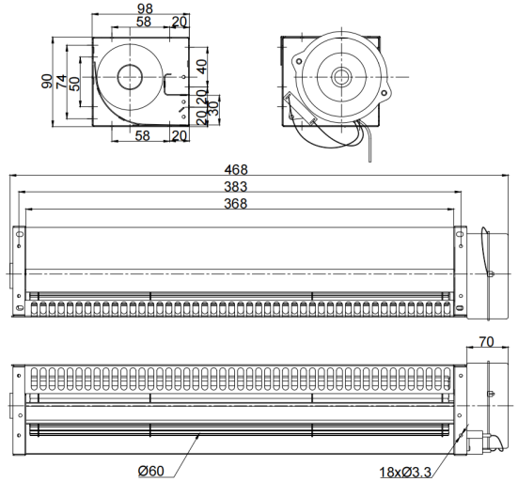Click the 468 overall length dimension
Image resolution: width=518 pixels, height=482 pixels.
[x=236, y=170]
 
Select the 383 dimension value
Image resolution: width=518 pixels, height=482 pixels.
[x=236, y=187]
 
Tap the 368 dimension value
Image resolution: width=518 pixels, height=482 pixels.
[x=236, y=204]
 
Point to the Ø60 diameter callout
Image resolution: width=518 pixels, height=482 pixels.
[x=151, y=471]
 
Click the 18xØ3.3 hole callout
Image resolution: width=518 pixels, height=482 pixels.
[x=405, y=473]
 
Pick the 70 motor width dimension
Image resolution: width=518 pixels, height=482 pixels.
[x=486, y=342]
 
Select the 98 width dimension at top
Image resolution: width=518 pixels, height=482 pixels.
[x=145, y=8]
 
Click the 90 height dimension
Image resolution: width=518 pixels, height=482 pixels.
[x=47, y=81]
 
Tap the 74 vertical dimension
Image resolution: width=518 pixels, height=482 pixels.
[x=61, y=82]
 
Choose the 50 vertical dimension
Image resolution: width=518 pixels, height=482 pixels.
[x=75, y=84]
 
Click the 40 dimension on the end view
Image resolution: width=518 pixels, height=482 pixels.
[x=202, y=67]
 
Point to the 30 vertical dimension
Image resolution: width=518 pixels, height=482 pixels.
[x=214, y=108]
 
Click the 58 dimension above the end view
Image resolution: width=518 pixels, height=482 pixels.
[x=144, y=22]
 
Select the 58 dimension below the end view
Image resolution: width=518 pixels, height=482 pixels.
[x=143, y=135]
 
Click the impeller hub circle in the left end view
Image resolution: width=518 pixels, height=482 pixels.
[x=130, y=77]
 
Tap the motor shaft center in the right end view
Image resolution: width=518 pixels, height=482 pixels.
[x=339, y=77]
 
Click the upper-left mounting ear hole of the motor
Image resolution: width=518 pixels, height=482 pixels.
[x=299, y=61]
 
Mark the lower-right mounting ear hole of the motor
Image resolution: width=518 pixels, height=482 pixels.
[x=384, y=93]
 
